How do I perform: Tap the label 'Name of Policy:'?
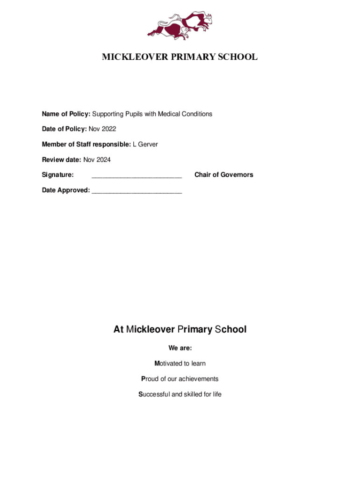point(66,114)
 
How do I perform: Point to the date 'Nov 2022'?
point(102,129)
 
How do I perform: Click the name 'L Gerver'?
point(145,145)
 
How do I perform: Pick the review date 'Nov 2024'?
point(97,160)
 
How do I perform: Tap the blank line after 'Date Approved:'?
point(137,191)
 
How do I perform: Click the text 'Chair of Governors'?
point(223,175)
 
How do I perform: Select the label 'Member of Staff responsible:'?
point(86,145)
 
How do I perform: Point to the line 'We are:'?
point(180,348)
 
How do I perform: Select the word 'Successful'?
point(154,394)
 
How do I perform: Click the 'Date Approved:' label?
point(66,190)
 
